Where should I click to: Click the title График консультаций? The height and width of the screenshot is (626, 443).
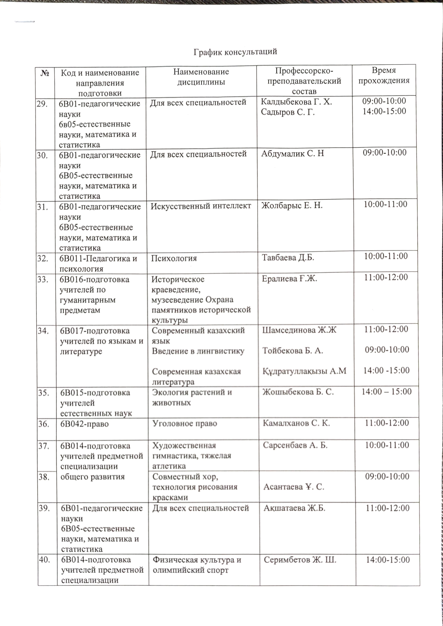click(235, 52)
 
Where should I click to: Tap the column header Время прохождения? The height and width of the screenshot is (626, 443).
click(384, 75)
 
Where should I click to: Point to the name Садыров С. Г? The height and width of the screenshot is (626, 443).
click(288, 112)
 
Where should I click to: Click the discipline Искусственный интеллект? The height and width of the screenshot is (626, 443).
click(201, 206)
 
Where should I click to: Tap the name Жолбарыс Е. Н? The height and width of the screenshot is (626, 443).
click(292, 205)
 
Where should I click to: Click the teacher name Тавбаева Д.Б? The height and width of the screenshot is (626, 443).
click(288, 257)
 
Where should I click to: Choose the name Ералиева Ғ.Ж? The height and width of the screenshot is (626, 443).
click(289, 279)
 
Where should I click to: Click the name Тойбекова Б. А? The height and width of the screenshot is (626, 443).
click(293, 350)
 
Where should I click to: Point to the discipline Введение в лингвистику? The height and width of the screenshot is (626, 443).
click(198, 351)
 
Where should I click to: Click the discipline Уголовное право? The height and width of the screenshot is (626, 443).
click(185, 423)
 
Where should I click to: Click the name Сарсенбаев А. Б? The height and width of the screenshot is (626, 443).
click(295, 445)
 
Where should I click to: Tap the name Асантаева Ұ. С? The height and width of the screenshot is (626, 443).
click(294, 487)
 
